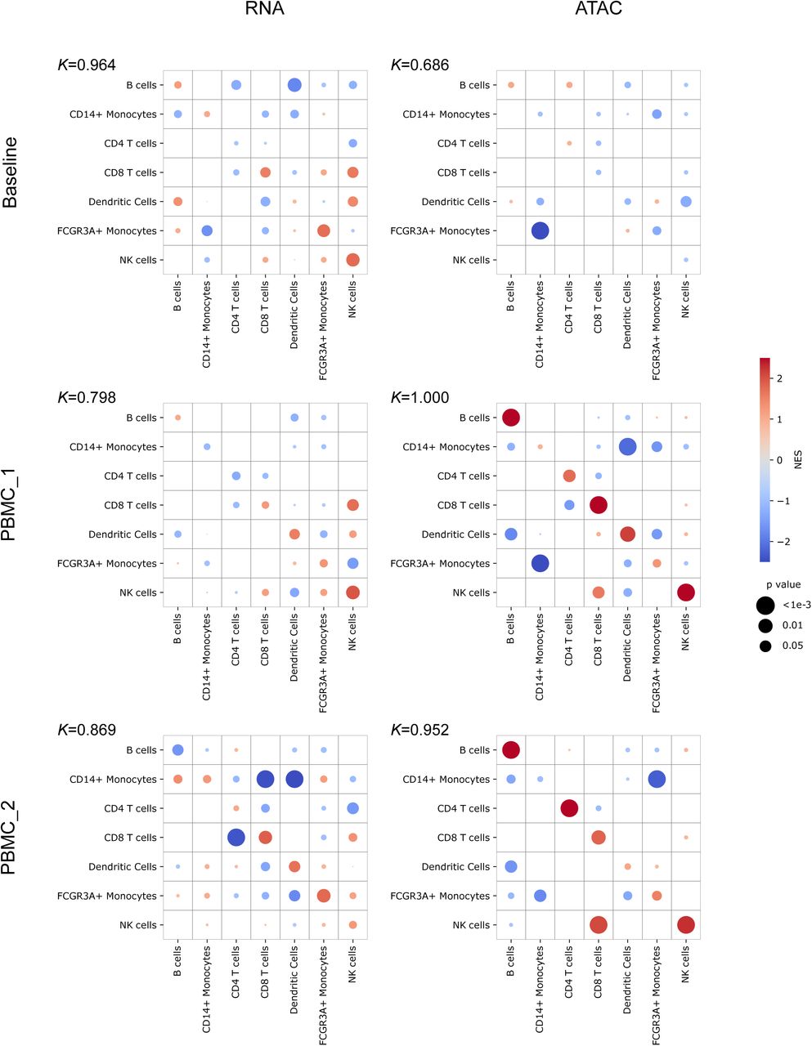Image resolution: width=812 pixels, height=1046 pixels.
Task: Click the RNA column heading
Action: (264, 10)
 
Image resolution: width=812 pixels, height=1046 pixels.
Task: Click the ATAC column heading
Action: (598, 10)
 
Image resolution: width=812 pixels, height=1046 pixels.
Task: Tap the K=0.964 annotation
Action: (86, 65)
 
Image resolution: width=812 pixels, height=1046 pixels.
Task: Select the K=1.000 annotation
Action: (419, 397)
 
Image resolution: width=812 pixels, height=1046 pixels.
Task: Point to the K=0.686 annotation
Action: (419, 65)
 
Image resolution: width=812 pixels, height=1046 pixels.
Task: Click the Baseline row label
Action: (11, 172)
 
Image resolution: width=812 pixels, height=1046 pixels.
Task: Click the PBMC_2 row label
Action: (11, 838)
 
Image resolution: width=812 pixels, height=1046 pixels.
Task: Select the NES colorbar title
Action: (799, 460)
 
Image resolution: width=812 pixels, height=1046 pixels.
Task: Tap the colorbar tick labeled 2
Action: (779, 378)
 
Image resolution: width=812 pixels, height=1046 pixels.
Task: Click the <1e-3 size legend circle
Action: (765, 606)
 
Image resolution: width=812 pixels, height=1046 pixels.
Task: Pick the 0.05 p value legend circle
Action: (765, 646)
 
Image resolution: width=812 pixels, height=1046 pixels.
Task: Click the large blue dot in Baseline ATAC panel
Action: (540, 231)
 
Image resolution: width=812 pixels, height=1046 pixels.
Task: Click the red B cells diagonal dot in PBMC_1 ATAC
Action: (511, 418)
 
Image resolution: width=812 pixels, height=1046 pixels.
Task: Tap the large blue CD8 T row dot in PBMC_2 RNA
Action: (236, 838)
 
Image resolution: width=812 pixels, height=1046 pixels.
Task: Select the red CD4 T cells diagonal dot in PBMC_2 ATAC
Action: (569, 808)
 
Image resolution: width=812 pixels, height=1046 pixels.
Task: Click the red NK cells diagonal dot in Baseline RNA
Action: (352, 260)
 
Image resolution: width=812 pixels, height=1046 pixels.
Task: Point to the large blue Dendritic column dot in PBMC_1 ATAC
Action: (627, 447)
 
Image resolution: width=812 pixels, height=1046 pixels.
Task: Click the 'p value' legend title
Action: (779, 584)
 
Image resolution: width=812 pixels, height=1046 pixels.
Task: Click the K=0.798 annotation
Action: (86, 397)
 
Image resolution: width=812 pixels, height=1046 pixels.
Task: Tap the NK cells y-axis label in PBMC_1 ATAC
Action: (471, 592)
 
